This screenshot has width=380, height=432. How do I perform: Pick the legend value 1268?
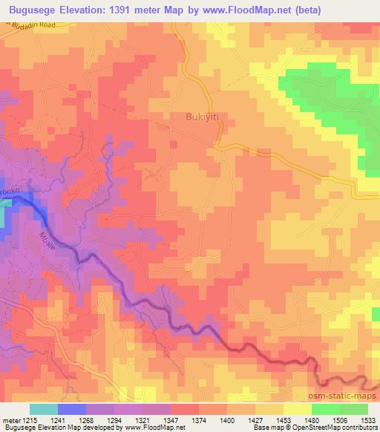pos(96,421)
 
